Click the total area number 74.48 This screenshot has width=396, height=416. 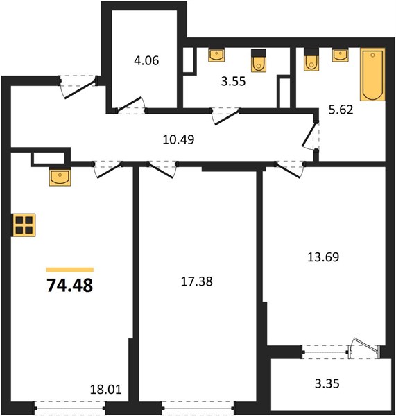pos(70,286)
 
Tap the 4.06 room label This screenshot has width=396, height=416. pos(146,60)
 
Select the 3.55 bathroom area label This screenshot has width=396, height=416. pos(233,81)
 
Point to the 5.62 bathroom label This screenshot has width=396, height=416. pos(341,110)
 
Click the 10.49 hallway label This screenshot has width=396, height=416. pos(178,139)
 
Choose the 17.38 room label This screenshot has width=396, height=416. pos(197,281)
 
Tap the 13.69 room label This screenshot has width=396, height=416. pos(323,257)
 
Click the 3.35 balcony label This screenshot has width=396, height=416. pos(327,383)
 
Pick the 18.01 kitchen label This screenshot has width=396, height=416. pos(105,390)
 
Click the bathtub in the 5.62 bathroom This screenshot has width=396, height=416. pos(372,74)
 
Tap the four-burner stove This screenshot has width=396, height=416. pos(24,225)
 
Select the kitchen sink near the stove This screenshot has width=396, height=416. pos(60,177)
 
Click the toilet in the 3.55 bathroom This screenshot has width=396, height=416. pos(259,60)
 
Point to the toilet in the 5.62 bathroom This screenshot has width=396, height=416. pos(311,60)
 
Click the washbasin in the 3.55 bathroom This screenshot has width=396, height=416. pos(216,55)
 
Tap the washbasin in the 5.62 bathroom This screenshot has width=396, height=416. pos(341,55)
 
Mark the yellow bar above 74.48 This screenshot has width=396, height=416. pos(70,270)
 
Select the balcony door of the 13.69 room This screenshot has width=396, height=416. pos(364,347)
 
